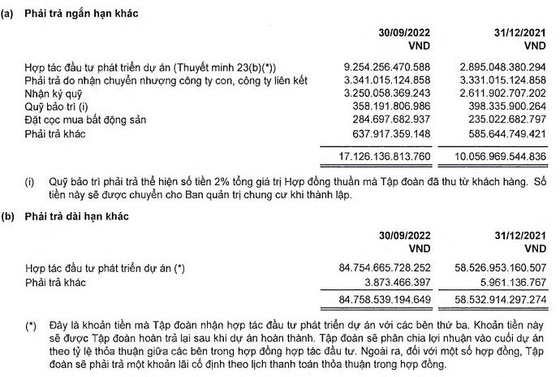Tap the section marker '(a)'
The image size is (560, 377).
coord(9,10)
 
